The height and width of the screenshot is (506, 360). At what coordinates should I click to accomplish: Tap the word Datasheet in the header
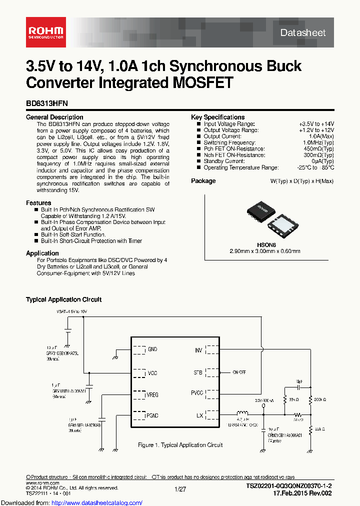coord(302,33)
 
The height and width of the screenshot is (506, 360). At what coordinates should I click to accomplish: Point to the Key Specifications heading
coord(218,117)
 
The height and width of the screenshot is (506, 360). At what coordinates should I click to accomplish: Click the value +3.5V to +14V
coord(316,123)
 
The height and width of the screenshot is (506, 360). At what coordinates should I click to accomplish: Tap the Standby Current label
coord(223,161)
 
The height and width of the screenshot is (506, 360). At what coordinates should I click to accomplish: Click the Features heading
coord(38,203)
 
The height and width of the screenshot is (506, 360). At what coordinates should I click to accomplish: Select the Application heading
coord(42,253)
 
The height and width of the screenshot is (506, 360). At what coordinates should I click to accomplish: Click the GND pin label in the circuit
coord(152,349)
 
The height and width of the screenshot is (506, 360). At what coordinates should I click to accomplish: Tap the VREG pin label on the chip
coord(152,395)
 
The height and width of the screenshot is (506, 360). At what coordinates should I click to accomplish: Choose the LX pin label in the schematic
coord(199,415)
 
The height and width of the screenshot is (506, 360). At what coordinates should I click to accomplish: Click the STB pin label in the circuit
coord(198,372)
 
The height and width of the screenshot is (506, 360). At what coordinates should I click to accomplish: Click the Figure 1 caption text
coord(180,445)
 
